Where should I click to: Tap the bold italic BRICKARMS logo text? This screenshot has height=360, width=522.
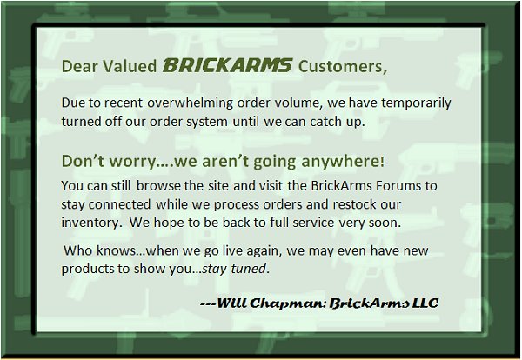227,65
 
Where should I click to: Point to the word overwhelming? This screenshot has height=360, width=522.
191,103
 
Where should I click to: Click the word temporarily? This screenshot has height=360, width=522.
416,103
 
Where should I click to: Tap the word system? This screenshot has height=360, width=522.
207,122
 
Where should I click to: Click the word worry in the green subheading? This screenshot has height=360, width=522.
132,162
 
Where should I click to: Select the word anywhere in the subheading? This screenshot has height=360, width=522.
343,162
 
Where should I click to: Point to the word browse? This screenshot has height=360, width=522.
158,186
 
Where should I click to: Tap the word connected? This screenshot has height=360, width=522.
119,204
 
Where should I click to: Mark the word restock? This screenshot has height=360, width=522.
353,204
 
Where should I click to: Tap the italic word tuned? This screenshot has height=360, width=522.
250,269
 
